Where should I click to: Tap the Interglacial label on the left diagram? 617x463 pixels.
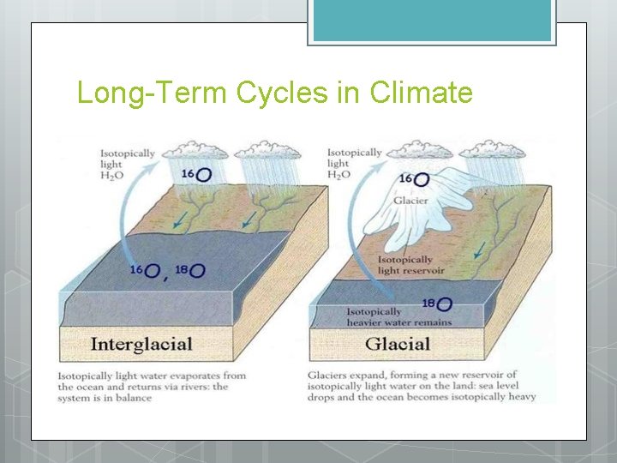(x=141, y=345)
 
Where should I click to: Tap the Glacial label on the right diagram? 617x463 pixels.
(x=397, y=345)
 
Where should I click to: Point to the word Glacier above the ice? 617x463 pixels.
(x=410, y=201)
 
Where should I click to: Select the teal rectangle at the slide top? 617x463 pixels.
(x=432, y=21)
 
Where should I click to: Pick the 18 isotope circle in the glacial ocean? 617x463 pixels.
(x=444, y=304)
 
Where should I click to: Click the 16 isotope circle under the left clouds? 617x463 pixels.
(x=204, y=175)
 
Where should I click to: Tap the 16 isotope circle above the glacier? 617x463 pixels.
(x=421, y=179)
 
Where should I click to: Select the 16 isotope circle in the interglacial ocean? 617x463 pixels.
(x=153, y=271)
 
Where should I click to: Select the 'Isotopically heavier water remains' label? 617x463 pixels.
(x=398, y=317)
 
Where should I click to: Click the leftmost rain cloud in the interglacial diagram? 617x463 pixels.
(x=199, y=153)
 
